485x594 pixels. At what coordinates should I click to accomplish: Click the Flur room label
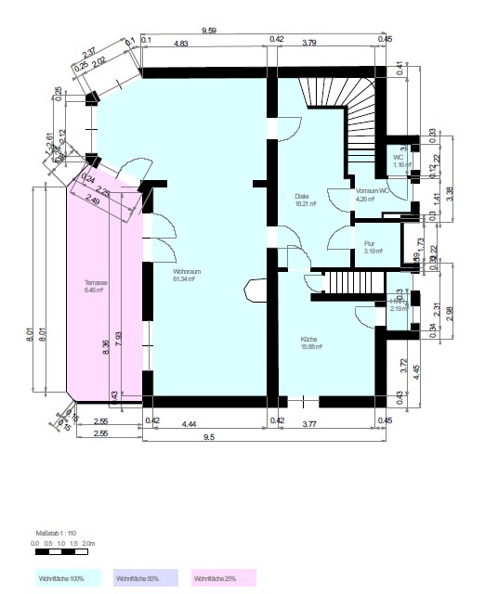(x=369, y=246)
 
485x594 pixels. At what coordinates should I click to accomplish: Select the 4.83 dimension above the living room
(x=182, y=42)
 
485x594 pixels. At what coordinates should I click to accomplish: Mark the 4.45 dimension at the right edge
(x=417, y=368)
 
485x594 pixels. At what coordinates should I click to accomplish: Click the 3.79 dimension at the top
(x=335, y=42)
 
